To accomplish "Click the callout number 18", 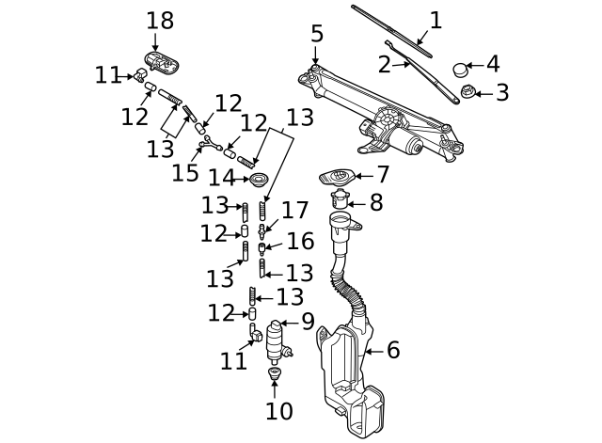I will [x=160, y=21].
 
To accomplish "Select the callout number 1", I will [x=436, y=21].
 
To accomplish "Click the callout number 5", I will [x=317, y=34].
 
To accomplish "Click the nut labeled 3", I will [x=466, y=93].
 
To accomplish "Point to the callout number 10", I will [x=279, y=411].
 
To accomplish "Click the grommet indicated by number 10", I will [x=275, y=376].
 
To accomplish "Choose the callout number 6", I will [x=393, y=350].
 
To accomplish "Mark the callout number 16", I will [x=300, y=242].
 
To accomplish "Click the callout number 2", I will [x=384, y=65].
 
